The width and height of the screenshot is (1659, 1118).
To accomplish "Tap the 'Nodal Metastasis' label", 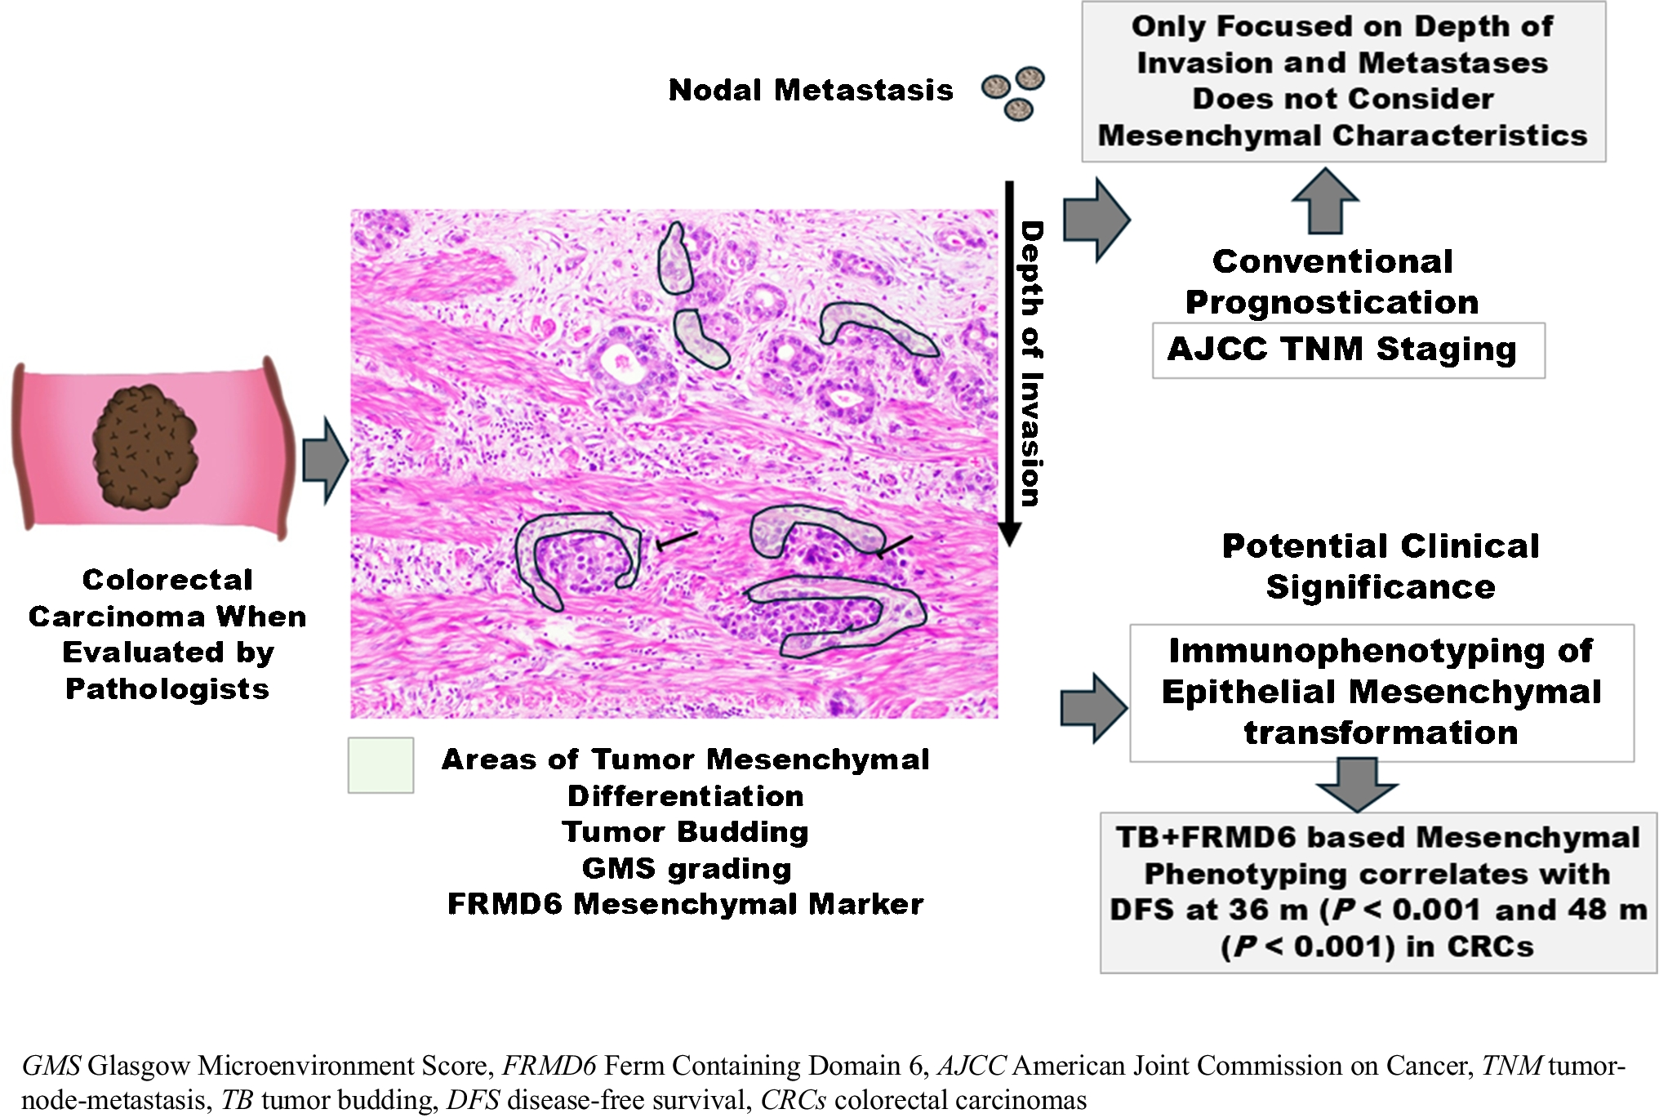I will coord(810,90).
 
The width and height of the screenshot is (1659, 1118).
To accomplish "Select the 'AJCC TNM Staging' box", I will coord(1347,350).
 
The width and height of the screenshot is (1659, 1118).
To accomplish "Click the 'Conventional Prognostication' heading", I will coord(1332,282).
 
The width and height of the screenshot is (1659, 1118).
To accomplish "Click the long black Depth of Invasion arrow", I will coord(1009,359).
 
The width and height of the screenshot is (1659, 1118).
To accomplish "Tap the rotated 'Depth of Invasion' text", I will coord(1032,363).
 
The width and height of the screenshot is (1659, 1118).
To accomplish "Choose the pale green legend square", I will coord(380,765).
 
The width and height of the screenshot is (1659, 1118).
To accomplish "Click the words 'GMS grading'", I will coord(686,868).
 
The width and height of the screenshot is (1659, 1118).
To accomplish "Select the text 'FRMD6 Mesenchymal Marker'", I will coord(686,904).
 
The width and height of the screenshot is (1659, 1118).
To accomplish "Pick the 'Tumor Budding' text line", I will coord(686,831).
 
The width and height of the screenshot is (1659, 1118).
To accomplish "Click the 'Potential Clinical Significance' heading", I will coord(1380,566).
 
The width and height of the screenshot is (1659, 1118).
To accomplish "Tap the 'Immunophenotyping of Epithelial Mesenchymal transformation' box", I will coord(1381,693).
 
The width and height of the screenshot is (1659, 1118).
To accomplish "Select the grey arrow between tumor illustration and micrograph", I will coord(325,461).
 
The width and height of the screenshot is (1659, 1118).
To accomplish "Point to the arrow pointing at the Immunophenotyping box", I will coord(1094,707).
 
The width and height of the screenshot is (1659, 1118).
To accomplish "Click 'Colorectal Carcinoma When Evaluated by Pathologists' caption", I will coord(167,635).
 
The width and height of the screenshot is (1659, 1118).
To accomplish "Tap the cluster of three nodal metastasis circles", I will coord(1013,92).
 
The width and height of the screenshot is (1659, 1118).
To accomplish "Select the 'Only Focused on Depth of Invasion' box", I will coord(1343,81).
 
